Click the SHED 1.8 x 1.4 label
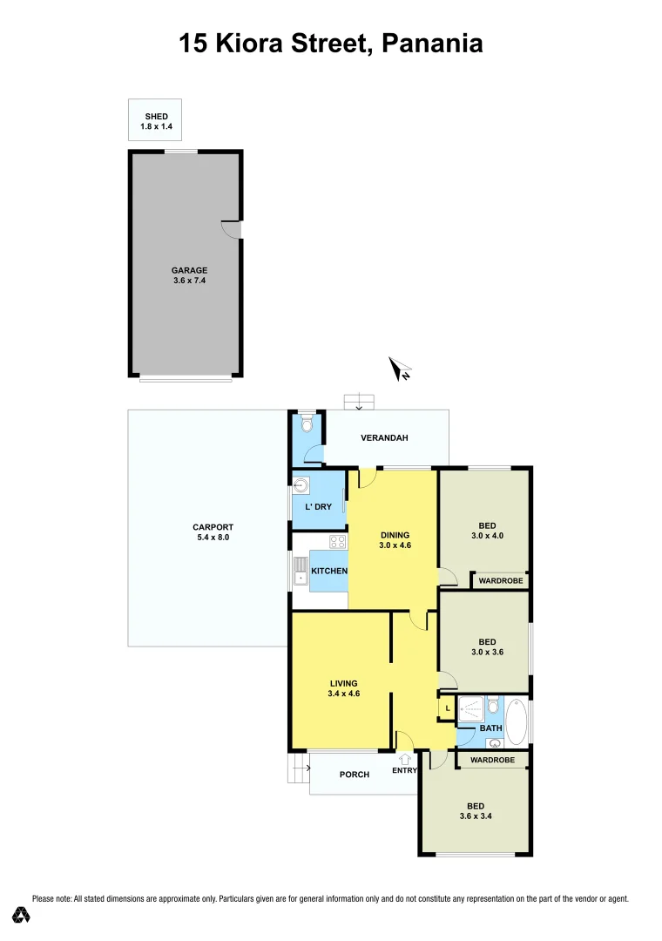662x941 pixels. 156,122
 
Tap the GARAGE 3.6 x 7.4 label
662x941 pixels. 188,275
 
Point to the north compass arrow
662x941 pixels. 401,369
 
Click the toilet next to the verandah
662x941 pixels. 304,425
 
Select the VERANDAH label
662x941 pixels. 384,438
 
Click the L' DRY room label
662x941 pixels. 317,506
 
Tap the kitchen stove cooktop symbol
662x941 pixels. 338,542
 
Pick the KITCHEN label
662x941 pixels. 330,572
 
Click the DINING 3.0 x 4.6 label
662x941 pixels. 395,540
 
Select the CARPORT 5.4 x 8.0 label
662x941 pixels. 213,532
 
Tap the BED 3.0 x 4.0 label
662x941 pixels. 487,531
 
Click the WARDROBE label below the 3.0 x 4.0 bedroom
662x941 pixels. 501,580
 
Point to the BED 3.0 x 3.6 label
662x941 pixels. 487,647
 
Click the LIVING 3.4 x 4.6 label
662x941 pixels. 343,688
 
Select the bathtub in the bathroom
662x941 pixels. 517,721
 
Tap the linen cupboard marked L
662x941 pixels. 447,708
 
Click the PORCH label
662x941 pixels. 355,775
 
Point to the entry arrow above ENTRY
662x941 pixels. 405,759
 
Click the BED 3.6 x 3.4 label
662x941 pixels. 476,811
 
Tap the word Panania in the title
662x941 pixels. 432,43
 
